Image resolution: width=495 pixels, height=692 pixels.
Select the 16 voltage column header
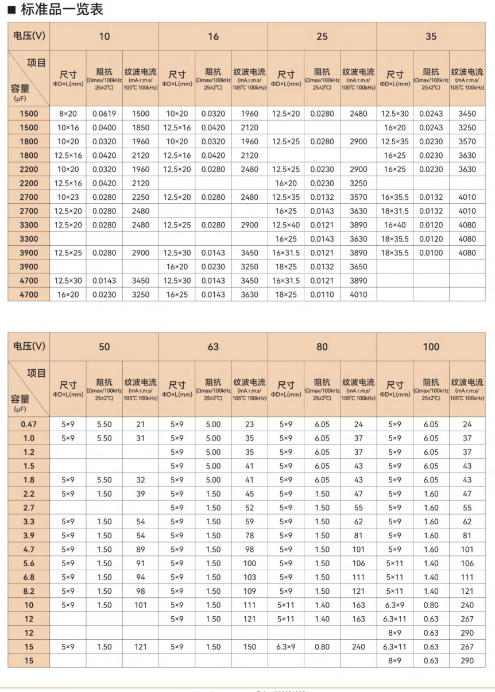(213, 36)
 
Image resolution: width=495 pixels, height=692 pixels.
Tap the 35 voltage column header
(431, 36)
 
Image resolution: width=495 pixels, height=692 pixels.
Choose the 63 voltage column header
(213, 346)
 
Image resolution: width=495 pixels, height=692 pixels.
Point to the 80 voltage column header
(322, 346)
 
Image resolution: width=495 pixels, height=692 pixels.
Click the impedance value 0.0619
(104, 114)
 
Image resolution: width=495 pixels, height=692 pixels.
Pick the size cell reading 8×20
(68, 114)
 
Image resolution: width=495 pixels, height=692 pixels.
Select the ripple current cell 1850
(140, 127)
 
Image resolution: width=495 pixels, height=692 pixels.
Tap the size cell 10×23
(68, 197)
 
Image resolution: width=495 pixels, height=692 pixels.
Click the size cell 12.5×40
(285, 225)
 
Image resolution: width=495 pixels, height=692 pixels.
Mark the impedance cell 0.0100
(431, 253)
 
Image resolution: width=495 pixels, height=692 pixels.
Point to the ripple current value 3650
(358, 267)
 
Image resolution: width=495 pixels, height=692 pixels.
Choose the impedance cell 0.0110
(322, 295)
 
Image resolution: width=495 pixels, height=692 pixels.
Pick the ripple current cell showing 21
(140, 424)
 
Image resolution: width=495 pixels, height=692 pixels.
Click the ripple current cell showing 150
(249, 647)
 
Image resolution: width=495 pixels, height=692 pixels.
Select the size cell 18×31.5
(395, 211)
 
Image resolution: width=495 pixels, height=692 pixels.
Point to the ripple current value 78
(249, 535)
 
